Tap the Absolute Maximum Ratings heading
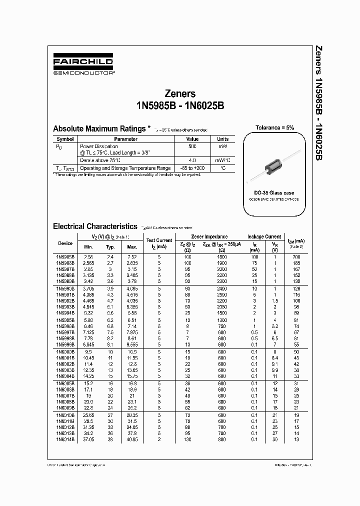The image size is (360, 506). (x=99, y=128)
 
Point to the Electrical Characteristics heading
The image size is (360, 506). (x=94, y=226)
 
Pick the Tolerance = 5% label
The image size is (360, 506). (x=274, y=127)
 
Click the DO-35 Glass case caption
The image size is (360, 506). (x=274, y=192)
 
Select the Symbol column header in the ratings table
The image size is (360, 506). (x=65, y=139)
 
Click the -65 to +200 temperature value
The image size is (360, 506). (x=192, y=168)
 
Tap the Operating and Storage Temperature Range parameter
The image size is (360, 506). (x=125, y=168)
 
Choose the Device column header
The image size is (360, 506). (x=65, y=243)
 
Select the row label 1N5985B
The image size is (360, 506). (x=65, y=256)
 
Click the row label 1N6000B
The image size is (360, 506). (x=65, y=352)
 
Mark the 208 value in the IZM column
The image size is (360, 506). (x=296, y=256)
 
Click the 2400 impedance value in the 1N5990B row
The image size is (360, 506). (x=222, y=288)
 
